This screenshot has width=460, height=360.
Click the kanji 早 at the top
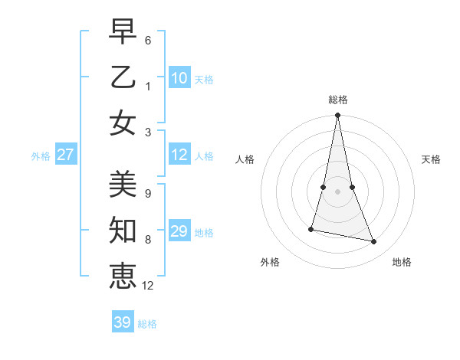click(x=123, y=33)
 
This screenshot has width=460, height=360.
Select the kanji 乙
click(x=123, y=77)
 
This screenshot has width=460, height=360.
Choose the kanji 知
click(x=123, y=229)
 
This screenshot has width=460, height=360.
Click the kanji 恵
click(x=123, y=275)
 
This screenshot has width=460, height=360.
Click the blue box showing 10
click(x=179, y=78)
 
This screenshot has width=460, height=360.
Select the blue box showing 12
click(x=179, y=155)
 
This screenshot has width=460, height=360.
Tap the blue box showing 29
click(x=179, y=231)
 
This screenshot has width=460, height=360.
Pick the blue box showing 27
click(x=66, y=155)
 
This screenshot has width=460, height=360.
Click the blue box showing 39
click(x=123, y=322)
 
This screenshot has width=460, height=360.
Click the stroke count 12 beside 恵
click(x=149, y=286)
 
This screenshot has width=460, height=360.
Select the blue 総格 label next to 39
click(x=148, y=324)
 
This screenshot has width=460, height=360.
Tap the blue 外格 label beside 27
click(x=41, y=156)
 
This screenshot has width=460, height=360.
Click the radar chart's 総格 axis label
click(x=338, y=100)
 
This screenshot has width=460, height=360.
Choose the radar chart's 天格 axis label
click(x=431, y=159)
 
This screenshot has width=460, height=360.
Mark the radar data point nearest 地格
click(x=374, y=241)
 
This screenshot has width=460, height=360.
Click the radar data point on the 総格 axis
click(x=338, y=116)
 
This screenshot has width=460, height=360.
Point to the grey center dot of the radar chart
click(x=338, y=191)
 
